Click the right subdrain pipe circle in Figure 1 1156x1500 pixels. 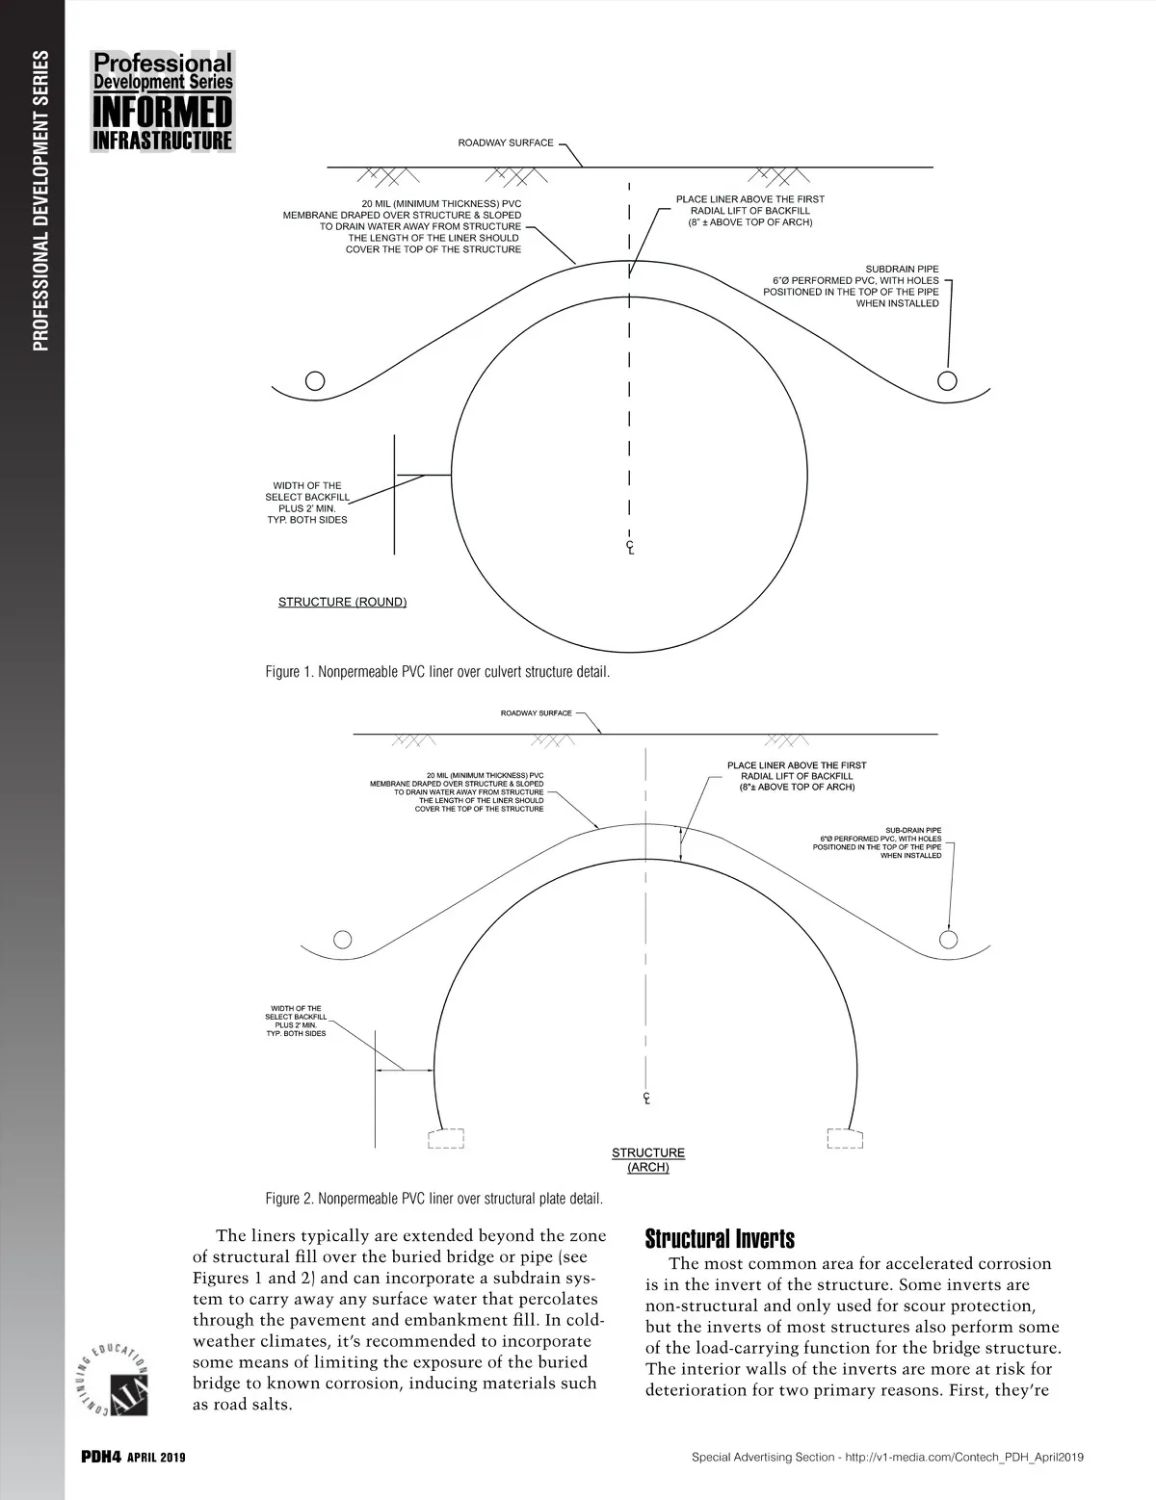(x=949, y=377)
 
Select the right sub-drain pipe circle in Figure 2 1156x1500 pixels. (x=950, y=939)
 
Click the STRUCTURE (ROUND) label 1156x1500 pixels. (x=342, y=603)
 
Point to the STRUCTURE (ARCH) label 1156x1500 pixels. (x=648, y=1160)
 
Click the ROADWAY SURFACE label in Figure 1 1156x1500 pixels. (x=506, y=143)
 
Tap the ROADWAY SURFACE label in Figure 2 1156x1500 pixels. (x=536, y=714)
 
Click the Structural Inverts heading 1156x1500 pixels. (x=720, y=1238)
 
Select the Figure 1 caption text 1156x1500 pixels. (x=437, y=672)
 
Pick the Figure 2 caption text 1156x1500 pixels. (x=434, y=1200)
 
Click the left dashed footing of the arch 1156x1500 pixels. (x=446, y=1139)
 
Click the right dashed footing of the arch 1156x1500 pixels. (x=845, y=1139)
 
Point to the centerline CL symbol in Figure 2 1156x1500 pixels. (x=645, y=1099)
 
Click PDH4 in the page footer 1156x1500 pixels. (x=99, y=1458)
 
